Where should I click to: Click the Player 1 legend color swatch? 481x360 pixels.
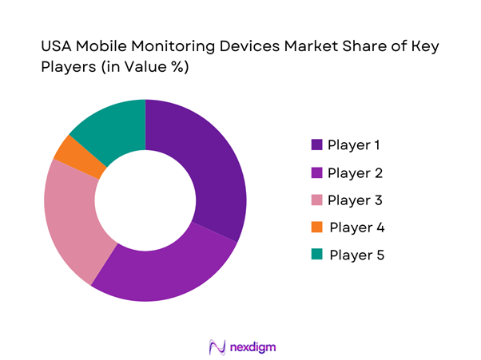click(316, 144)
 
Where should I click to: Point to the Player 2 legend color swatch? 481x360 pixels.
click(316, 172)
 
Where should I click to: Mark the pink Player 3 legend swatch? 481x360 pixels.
click(316, 200)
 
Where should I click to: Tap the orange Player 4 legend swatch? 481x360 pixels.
click(316, 227)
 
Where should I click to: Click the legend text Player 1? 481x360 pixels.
click(354, 144)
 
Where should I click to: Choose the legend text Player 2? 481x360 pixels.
click(355, 172)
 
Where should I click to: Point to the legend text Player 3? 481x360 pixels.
click(355, 200)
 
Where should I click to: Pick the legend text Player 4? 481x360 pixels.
click(356, 227)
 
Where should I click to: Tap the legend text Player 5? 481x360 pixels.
click(356, 255)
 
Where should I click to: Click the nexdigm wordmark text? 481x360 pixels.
click(252, 347)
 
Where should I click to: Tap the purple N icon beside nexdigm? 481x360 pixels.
click(216, 347)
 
